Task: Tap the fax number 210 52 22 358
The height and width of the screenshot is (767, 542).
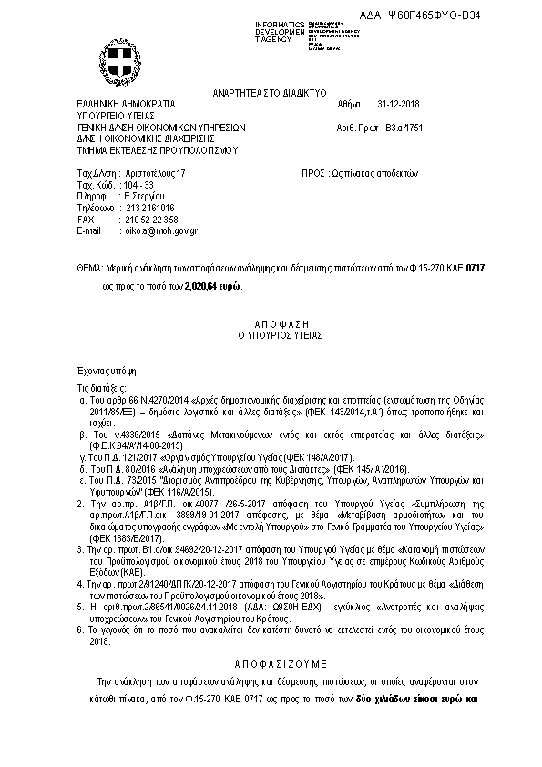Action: [151, 220]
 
